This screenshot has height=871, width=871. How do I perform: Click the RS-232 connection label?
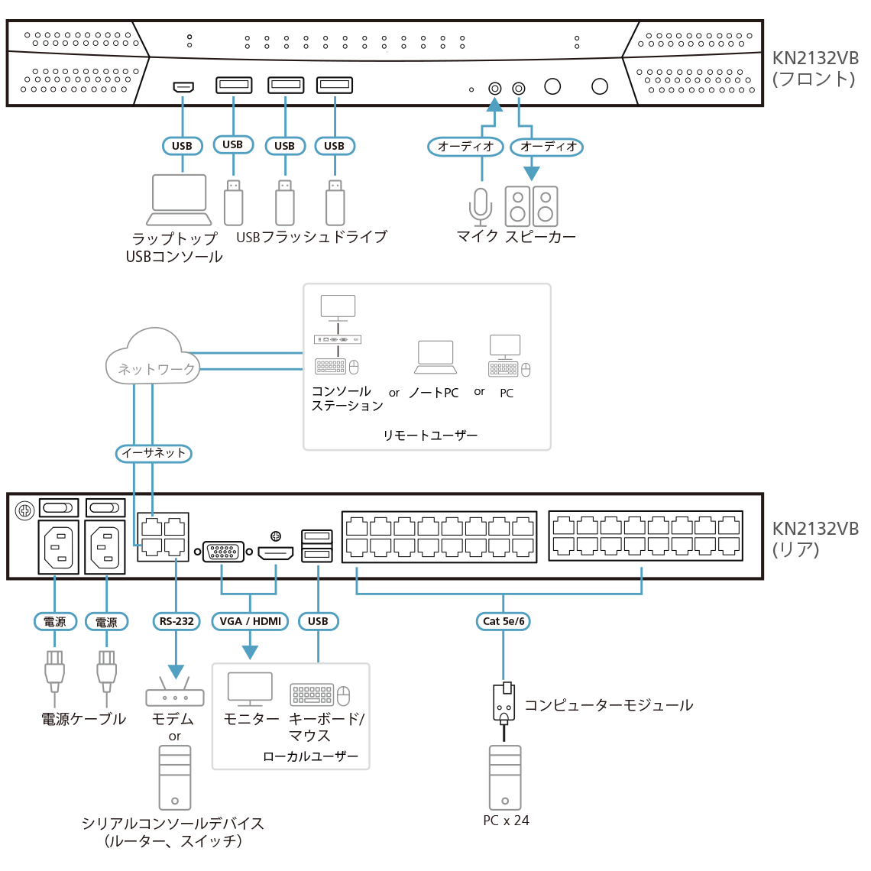[x=176, y=621]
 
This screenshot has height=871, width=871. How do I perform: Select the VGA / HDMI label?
[x=250, y=621]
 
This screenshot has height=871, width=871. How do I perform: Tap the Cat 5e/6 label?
[x=503, y=621]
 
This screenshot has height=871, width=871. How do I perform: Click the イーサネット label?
[x=154, y=453]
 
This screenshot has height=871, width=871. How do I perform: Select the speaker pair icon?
[x=531, y=206]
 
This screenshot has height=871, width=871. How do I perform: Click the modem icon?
[x=175, y=692]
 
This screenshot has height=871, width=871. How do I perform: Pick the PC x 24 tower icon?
[x=505, y=777]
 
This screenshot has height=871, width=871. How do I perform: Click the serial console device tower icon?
[x=175, y=777]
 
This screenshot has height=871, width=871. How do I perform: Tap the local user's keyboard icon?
[x=312, y=695]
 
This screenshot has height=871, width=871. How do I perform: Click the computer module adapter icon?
[x=504, y=701]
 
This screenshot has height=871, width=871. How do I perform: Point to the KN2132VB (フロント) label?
[x=814, y=69]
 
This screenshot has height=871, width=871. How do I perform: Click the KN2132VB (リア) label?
[x=814, y=539]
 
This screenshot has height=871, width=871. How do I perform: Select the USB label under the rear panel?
[x=318, y=621]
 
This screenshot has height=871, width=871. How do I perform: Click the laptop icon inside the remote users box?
[x=435, y=358]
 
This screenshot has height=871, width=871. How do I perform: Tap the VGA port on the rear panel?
[x=223, y=552]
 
